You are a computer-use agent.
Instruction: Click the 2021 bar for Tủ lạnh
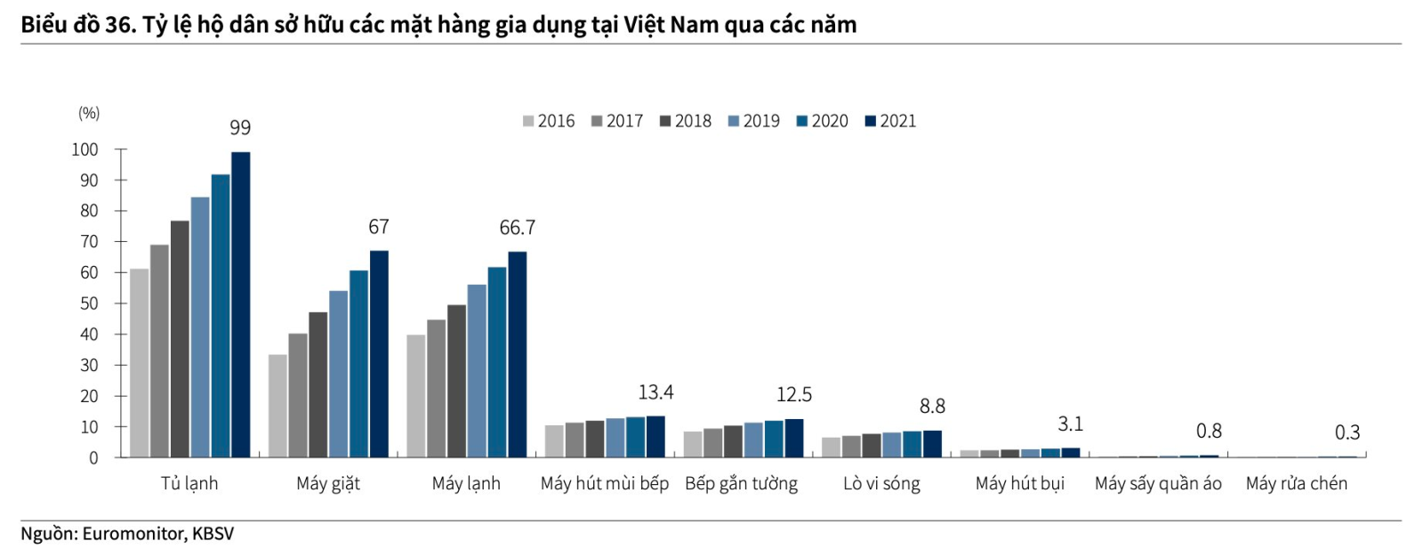[241, 304]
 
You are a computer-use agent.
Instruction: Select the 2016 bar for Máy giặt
[277, 406]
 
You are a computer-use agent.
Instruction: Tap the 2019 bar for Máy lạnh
[477, 371]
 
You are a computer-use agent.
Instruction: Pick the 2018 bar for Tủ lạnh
[180, 339]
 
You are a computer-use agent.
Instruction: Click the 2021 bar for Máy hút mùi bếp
[655, 437]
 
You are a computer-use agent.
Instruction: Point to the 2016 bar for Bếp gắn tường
[693, 444]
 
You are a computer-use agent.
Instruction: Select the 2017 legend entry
[617, 121]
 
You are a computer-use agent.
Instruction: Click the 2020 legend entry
[822, 121]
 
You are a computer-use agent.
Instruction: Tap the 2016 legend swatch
[528, 121]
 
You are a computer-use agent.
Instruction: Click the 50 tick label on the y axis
[89, 303]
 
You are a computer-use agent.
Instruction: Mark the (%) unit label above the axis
[89, 113]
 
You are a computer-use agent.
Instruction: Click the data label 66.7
[517, 228]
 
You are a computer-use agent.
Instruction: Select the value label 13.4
[655, 392]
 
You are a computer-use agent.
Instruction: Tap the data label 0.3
[1347, 432]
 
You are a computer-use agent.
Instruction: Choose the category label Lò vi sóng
[881, 483]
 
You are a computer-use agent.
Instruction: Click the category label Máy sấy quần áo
[1158, 483]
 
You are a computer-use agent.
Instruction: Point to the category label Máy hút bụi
[1020, 483]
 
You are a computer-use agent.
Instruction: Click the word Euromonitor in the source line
[133, 534]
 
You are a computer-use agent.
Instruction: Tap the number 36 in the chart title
[117, 25]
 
